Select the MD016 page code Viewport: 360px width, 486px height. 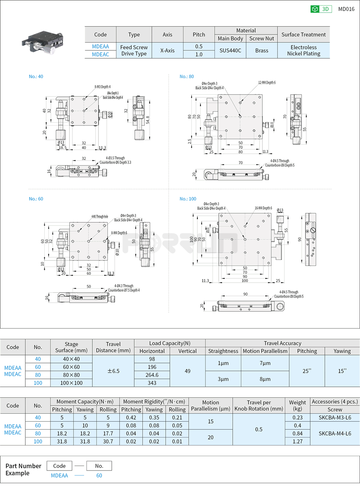pos(346,9)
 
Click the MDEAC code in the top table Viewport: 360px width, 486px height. pos(100,54)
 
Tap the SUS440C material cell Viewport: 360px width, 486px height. pos(230,50)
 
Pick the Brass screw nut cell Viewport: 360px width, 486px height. pos(261,50)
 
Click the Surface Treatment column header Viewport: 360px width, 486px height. pos(304,34)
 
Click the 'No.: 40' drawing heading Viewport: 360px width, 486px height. pos(36,77)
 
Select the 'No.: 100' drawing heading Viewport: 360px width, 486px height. pos(188,199)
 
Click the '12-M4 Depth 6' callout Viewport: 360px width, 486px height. pos(267,83)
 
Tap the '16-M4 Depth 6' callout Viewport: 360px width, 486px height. pos(263,208)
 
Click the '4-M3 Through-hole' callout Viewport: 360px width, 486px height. pos(100,217)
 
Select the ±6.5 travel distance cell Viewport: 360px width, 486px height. pos(113,371)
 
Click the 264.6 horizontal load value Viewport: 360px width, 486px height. pos(152,375)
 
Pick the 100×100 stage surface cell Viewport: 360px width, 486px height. pos(71,383)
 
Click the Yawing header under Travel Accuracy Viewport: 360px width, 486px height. pos(342,351)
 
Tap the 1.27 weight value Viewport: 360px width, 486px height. pos(297,441)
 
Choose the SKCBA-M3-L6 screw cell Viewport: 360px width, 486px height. pos(335,417)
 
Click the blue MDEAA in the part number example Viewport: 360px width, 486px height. pos(59,476)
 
